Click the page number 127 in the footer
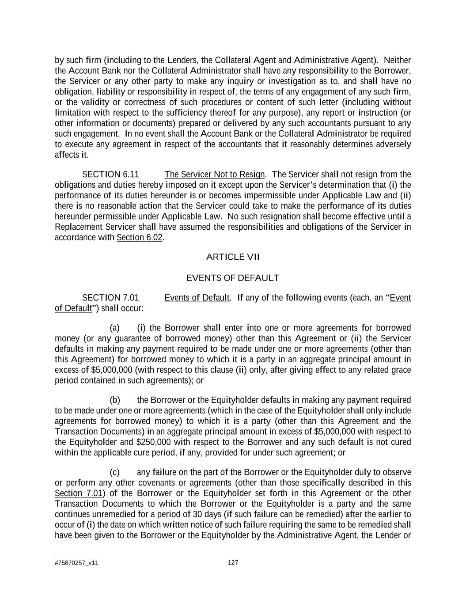click(x=233, y=562)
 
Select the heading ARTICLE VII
click(x=233, y=257)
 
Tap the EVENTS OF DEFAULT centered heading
click(x=233, y=278)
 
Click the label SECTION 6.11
click(x=107, y=174)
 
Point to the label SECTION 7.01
click(x=107, y=298)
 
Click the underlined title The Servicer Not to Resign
click(x=215, y=174)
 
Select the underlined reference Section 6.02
click(x=140, y=238)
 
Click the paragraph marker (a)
click(x=115, y=328)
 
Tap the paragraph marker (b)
click(x=115, y=400)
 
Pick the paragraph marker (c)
click(x=115, y=472)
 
